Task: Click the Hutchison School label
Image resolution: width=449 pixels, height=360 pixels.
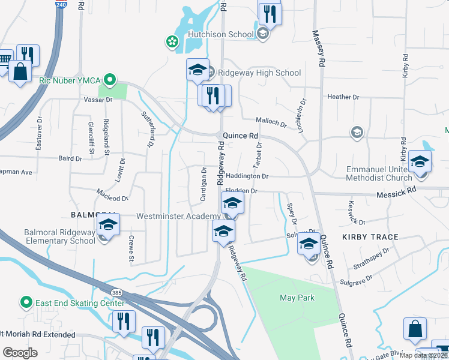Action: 221,34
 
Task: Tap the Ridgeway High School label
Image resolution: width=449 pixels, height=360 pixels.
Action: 259,73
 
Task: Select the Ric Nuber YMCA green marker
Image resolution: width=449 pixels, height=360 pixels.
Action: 109,79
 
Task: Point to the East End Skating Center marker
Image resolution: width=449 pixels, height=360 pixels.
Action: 26,302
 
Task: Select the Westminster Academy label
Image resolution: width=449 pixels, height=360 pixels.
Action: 178,216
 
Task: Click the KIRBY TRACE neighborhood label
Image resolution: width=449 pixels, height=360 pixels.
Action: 370,237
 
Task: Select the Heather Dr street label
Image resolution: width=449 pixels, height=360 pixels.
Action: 343,97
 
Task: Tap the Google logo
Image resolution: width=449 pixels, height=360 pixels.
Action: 20,353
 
